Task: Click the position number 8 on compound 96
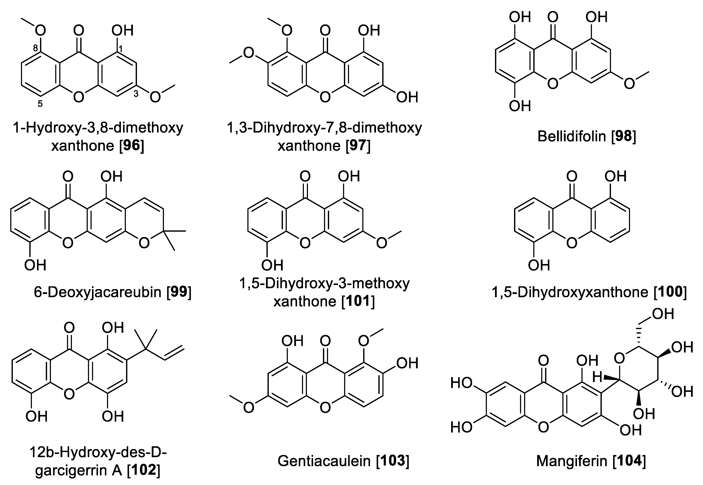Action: pyautogui.click(x=36, y=48)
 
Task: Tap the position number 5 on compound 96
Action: pyautogui.click(x=40, y=104)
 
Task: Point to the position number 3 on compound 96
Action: pyautogui.click(x=136, y=94)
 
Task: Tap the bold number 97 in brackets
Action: pyautogui.click(x=358, y=146)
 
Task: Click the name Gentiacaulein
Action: pyautogui.click(x=324, y=461)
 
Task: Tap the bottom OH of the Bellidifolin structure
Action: pyautogui.click(x=520, y=106)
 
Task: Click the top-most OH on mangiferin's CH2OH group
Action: pyautogui.click(x=663, y=314)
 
